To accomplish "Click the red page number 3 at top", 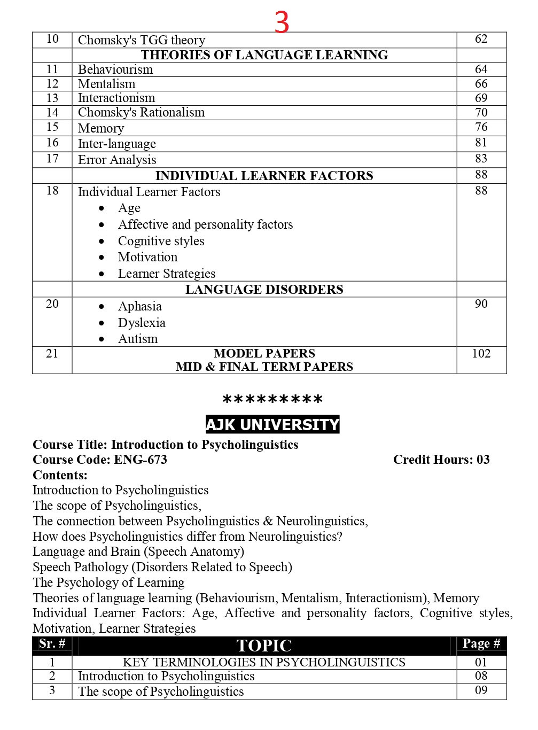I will pos(282,22).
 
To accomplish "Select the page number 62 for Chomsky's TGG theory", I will pos(481,39).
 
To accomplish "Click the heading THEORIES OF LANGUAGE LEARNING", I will pos(264,55).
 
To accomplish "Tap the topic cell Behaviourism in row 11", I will pos(115,69).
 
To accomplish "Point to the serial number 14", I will pos(52,112).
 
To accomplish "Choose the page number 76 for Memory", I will pos(481,127).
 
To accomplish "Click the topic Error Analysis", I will pos(117,160).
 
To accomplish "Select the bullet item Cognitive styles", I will pos(161,241).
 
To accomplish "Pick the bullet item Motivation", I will pos(147,257).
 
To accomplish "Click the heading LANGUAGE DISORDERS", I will pos(264,290).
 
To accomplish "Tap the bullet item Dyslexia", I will pos(142,323).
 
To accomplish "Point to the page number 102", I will pos(481,354).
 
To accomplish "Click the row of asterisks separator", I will pos(272,400).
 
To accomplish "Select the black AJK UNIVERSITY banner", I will pos(272,425).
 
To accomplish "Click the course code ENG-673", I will pos(140,460).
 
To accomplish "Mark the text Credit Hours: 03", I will pos(441,460).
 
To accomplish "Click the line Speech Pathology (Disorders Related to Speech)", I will pos(162,567).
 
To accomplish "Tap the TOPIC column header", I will pos(264,646).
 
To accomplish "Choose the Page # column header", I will pos(481,644).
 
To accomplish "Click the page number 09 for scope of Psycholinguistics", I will pos(481,690).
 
